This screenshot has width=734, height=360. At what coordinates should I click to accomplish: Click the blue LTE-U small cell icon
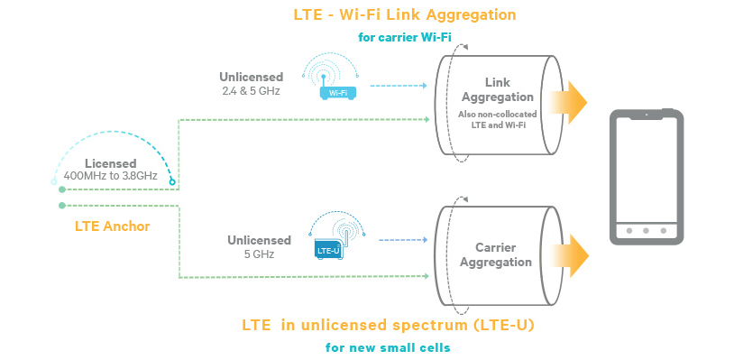point(327,247)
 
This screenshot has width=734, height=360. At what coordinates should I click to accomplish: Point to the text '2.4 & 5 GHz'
point(252,91)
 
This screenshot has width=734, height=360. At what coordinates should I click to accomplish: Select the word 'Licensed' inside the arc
point(111,162)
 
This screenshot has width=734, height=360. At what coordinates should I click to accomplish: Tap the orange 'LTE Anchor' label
point(112,226)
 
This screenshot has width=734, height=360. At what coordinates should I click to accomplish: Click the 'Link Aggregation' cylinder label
point(497,89)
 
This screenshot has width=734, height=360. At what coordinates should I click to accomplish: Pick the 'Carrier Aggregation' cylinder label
point(497,254)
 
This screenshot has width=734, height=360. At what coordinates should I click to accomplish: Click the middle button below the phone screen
point(645,230)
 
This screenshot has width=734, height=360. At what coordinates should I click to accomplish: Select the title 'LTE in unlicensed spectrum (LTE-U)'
point(388,323)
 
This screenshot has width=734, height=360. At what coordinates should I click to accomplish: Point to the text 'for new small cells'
point(388,346)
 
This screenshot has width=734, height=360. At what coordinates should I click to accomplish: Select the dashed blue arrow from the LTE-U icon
point(400,240)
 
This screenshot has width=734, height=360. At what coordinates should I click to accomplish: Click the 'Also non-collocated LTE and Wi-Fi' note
point(497,119)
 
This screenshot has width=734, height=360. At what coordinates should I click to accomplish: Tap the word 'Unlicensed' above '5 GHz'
point(259,240)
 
